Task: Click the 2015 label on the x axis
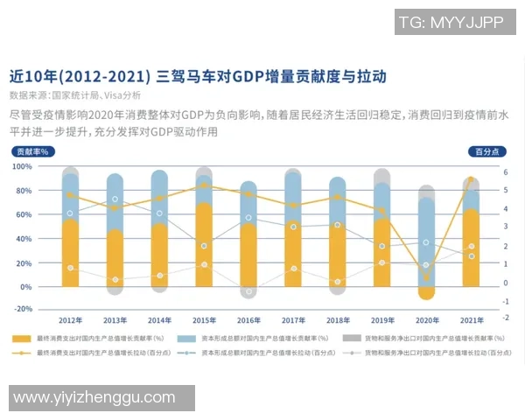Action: (205, 320)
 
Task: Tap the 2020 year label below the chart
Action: (427, 320)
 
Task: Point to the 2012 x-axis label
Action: (71, 320)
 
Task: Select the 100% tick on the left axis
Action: (23, 166)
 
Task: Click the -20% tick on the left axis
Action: (23, 309)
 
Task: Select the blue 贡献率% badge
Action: (32, 151)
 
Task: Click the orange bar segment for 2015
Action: (204, 245)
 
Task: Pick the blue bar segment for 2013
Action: (115, 202)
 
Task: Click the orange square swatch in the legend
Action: (20, 338)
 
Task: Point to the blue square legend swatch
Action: (186, 338)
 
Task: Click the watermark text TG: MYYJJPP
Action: (451, 23)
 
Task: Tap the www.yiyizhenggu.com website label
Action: (94, 398)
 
